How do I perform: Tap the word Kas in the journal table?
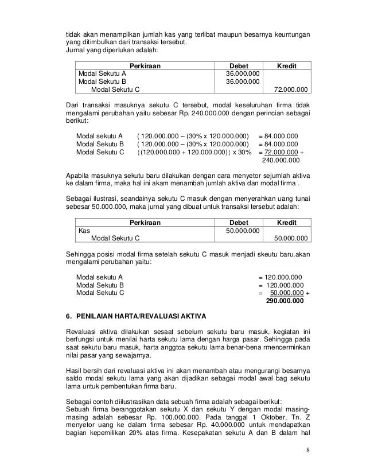pos(84,230)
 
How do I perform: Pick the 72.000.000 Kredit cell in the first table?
pos(291,90)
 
